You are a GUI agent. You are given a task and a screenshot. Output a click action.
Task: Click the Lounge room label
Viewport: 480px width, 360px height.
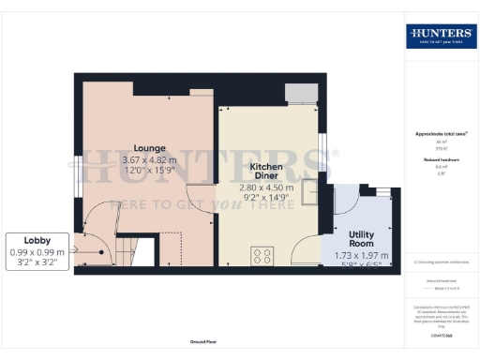(150, 147)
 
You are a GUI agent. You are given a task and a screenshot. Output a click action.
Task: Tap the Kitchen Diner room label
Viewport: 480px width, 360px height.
(266, 172)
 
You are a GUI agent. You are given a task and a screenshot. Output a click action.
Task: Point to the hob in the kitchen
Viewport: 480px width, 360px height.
(263, 254)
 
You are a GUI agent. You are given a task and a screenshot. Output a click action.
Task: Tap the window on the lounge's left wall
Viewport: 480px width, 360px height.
(78, 174)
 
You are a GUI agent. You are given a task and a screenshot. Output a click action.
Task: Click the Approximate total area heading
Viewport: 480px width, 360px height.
(439, 134)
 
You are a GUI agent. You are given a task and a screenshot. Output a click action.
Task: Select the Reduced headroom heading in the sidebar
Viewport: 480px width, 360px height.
(439, 160)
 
